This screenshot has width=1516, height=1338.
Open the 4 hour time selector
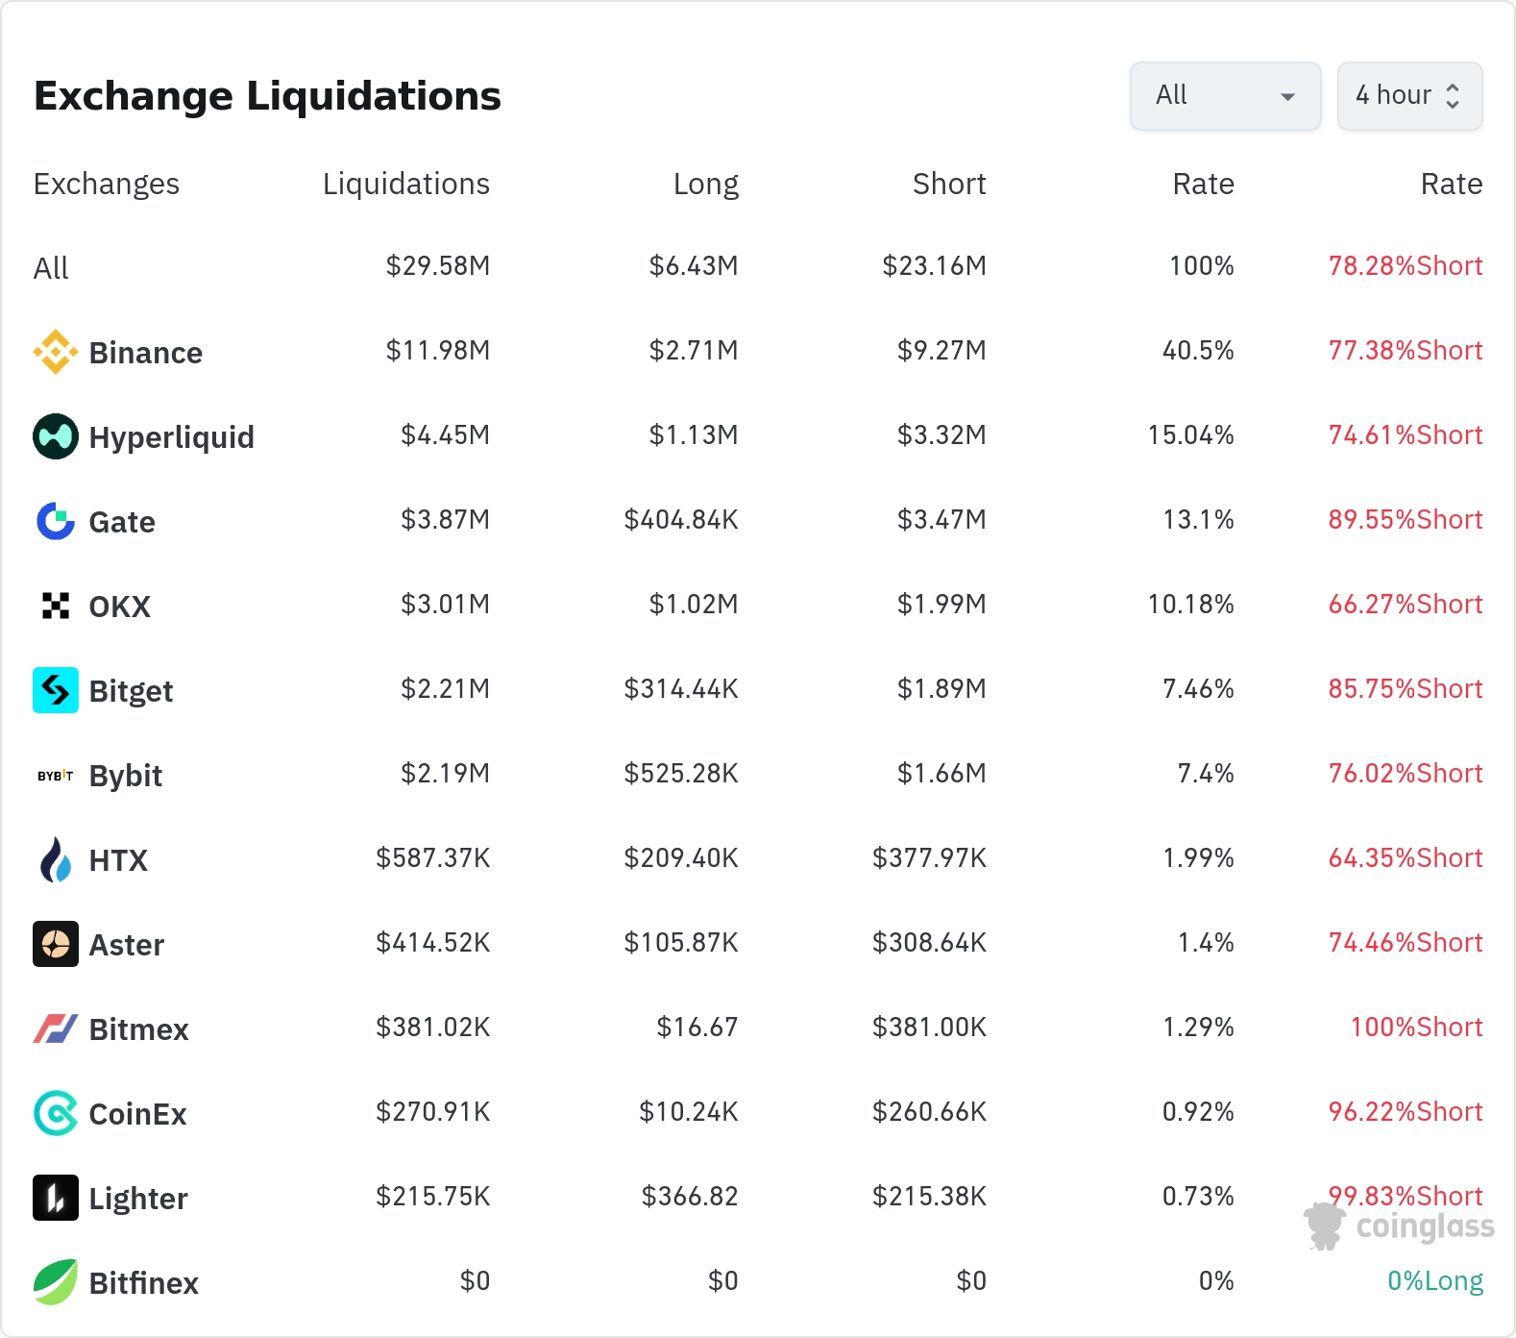1409,96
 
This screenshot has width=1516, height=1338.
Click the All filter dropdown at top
1225,96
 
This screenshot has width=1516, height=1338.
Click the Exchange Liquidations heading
267,96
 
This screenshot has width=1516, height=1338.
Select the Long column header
706,184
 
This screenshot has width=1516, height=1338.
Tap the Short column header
949,184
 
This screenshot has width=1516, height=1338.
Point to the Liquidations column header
405,184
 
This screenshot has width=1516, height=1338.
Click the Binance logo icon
56,352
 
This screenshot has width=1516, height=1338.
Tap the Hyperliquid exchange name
171,437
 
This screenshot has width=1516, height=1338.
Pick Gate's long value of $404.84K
681,520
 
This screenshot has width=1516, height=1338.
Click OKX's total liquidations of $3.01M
446,605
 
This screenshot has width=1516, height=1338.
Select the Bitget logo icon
56,690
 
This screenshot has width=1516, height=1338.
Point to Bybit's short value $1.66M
941,774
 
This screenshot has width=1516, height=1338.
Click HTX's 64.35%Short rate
1406,857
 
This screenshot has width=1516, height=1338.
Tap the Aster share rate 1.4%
1206,943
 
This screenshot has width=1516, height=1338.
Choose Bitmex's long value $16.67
697,1028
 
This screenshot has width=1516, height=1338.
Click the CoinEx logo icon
56,1113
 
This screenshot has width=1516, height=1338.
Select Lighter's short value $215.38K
929,1197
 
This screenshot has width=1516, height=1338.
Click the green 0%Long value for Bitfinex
1435,1281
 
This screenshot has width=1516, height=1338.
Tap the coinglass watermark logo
1399,1226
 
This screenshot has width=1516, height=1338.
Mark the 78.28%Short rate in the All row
1406,266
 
